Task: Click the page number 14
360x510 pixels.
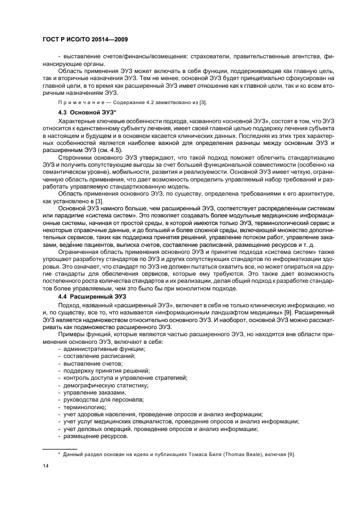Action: (x=46, y=465)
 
